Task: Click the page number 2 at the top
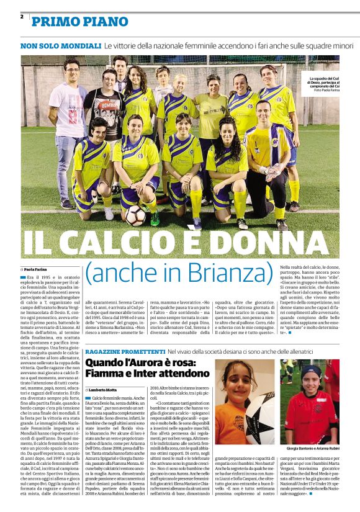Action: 22,16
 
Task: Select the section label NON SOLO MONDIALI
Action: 60,46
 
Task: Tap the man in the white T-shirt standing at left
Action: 70,127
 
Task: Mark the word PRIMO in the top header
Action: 54,22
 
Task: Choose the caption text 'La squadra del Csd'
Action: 325,79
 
